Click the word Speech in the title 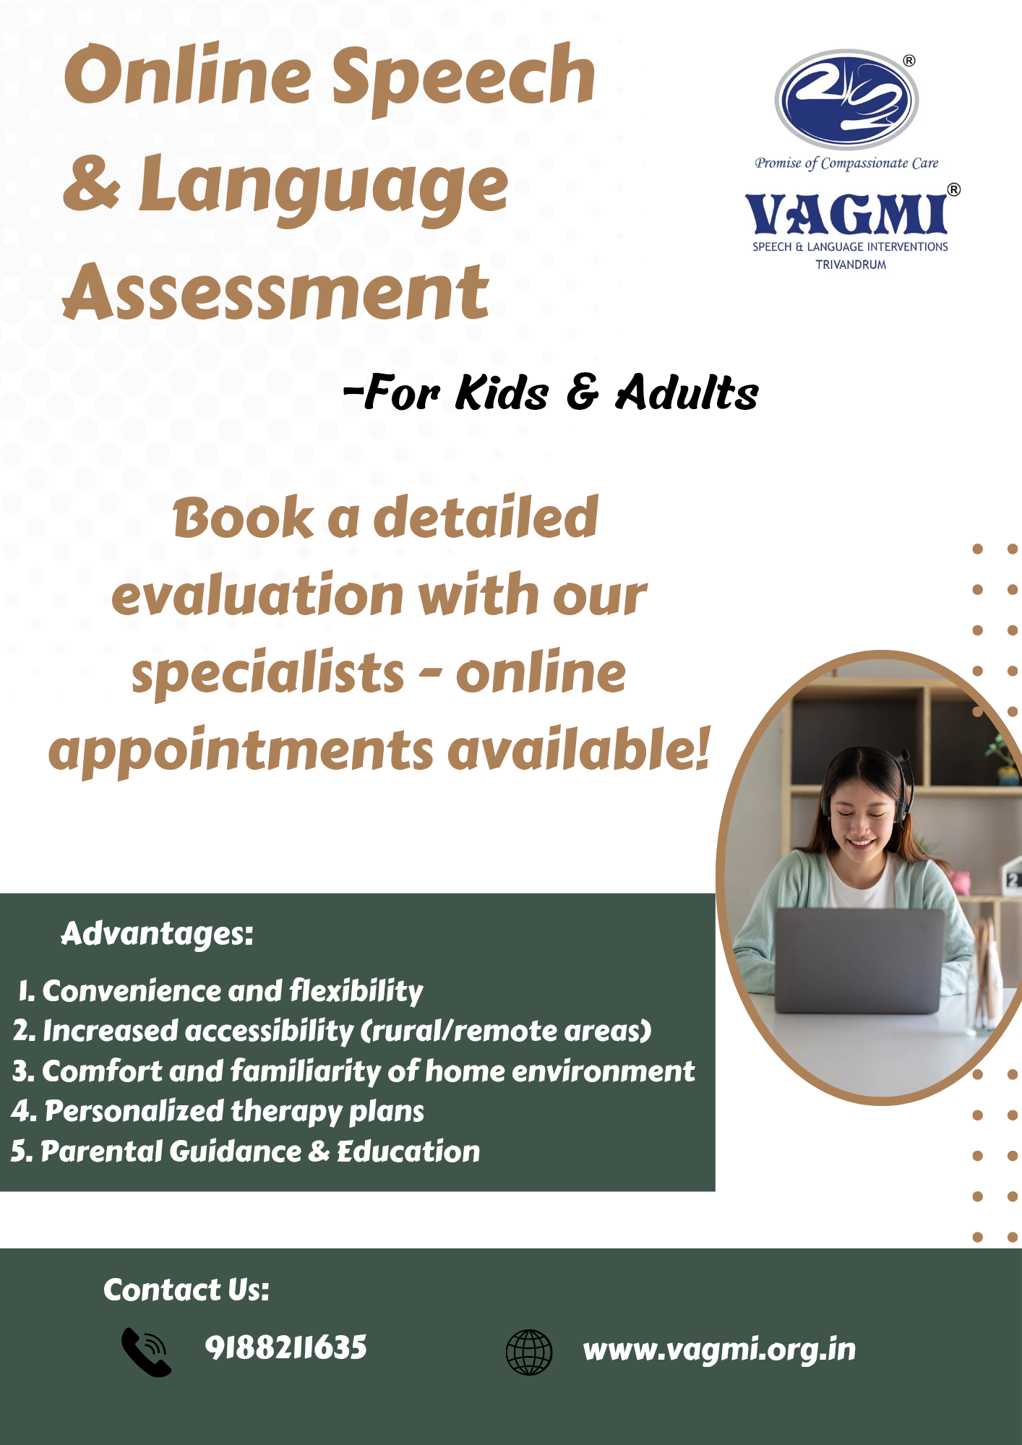point(463,78)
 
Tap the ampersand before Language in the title point(91,183)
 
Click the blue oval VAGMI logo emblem point(846,100)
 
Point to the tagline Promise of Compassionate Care point(846,163)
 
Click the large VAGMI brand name point(846,215)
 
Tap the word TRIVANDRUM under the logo point(851,265)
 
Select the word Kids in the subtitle point(502,393)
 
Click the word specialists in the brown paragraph point(267,673)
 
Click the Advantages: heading point(158,934)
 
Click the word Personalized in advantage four point(134,1111)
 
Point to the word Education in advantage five point(408,1151)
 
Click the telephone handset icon point(146,1352)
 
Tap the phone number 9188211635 point(286,1347)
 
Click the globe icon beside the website point(529,1352)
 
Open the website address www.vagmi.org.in point(719,1350)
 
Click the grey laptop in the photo point(859,961)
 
